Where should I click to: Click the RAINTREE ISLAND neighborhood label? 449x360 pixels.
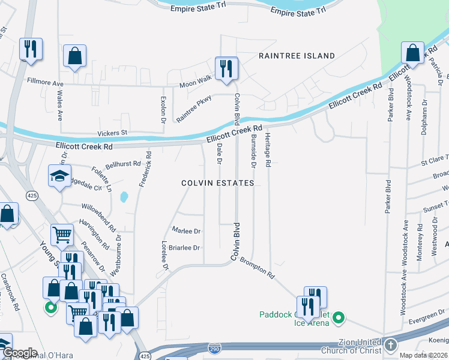(x=297, y=56)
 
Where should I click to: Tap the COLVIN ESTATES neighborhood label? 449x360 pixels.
(x=218, y=183)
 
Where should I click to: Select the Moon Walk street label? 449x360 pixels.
(x=196, y=82)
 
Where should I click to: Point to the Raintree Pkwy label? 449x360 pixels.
(x=194, y=109)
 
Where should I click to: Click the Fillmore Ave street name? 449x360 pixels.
(x=45, y=82)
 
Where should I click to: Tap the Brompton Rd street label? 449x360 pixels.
(x=257, y=268)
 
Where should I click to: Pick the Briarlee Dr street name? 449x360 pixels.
(x=184, y=247)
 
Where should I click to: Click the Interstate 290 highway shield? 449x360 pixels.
(x=214, y=348)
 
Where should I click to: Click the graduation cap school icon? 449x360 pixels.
(x=60, y=175)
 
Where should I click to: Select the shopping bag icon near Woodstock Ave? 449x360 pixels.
(x=413, y=53)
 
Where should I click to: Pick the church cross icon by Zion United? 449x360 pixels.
(x=390, y=345)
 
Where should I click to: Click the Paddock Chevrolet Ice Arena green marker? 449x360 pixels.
(x=339, y=317)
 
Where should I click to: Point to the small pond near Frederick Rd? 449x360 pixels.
(x=124, y=196)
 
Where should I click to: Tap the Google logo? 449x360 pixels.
(x=19, y=353)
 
